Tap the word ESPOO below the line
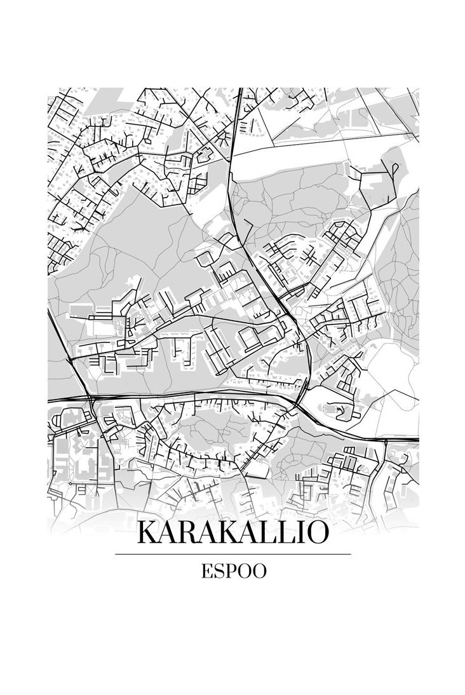click(233, 571)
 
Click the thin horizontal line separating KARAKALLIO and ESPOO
click(232, 554)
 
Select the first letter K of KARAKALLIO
click(147, 533)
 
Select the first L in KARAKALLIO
click(271, 533)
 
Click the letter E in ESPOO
click(206, 571)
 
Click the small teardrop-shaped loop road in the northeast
click(395, 168)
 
